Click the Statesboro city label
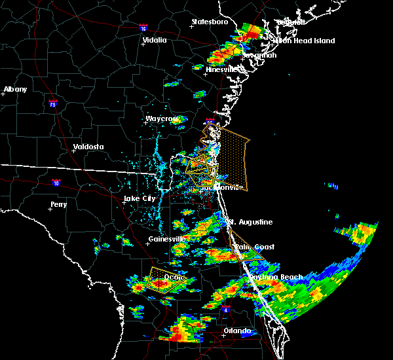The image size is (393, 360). click(x=210, y=22)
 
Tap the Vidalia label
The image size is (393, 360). click(x=155, y=40)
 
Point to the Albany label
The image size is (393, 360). click(x=16, y=89)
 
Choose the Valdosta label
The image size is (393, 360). click(x=88, y=147)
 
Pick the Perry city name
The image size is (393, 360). click(x=58, y=205)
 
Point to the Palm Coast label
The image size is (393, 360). click(x=255, y=247)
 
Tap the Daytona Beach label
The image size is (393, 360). click(x=276, y=277)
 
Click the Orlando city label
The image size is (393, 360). click(x=237, y=331)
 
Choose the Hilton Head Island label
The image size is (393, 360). click(x=305, y=41)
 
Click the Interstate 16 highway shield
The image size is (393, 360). click(x=144, y=28)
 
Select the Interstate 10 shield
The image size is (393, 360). click(x=56, y=183)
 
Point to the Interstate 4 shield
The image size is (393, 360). click(x=225, y=307)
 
